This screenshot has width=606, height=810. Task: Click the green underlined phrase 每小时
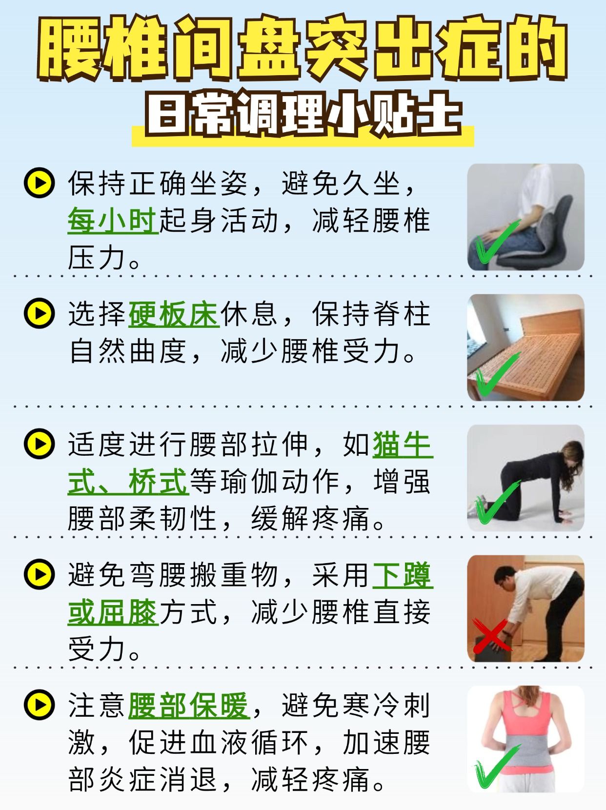point(113,220)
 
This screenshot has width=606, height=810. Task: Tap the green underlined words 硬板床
point(174,314)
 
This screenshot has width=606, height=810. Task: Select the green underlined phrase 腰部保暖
point(189,706)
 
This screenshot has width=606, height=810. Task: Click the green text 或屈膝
point(113,612)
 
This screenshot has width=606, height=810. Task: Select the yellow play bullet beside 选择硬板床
point(39,313)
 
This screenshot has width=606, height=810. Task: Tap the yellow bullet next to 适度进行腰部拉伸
point(39,444)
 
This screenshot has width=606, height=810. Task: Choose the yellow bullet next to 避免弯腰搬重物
point(39,574)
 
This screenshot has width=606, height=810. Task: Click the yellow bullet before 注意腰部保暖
point(39,705)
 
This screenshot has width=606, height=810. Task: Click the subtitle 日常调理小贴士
point(303,117)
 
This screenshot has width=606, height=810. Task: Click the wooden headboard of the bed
point(551,324)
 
